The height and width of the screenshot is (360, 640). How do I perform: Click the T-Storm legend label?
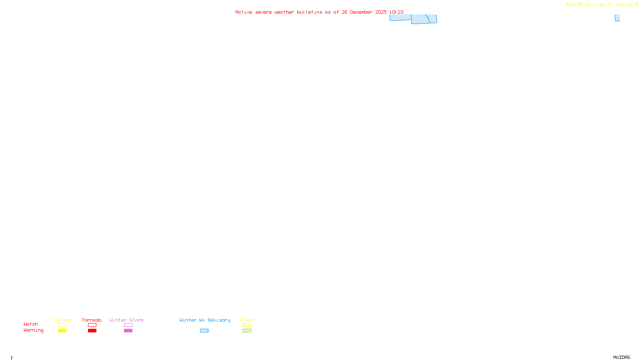pyautogui.click(x=62, y=320)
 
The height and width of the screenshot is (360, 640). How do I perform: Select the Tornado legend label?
pyautogui.click(x=92, y=320)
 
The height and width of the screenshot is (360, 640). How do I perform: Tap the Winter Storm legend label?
pyautogui.click(x=126, y=320)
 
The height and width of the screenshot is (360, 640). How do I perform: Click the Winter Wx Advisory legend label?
pyautogui.click(x=205, y=320)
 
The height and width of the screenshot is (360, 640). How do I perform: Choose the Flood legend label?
pyautogui.click(x=247, y=320)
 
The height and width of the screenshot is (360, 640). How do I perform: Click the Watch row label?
pyautogui.click(x=31, y=324)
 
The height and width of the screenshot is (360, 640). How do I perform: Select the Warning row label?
pyautogui.click(x=34, y=330)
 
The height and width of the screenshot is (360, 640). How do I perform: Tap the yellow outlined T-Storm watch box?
pyautogui.click(x=62, y=325)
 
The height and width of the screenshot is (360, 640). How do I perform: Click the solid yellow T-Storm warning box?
pyautogui.click(x=62, y=331)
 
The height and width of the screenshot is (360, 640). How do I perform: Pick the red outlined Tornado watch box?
pyautogui.click(x=92, y=325)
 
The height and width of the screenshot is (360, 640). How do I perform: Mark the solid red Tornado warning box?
pyautogui.click(x=92, y=331)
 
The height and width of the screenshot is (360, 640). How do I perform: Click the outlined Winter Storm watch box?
pyautogui.click(x=128, y=325)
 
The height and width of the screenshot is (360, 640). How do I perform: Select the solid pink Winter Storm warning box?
pyautogui.click(x=128, y=331)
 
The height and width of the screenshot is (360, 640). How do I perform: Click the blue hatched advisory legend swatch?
pyautogui.click(x=204, y=331)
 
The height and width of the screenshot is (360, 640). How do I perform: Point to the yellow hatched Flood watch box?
pyautogui.click(x=247, y=325)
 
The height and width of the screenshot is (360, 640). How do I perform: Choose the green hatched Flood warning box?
pyautogui.click(x=247, y=331)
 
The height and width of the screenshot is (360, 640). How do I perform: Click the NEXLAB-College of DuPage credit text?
pyautogui.click(x=600, y=5)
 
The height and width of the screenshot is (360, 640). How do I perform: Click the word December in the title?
pyautogui.click(x=361, y=12)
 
